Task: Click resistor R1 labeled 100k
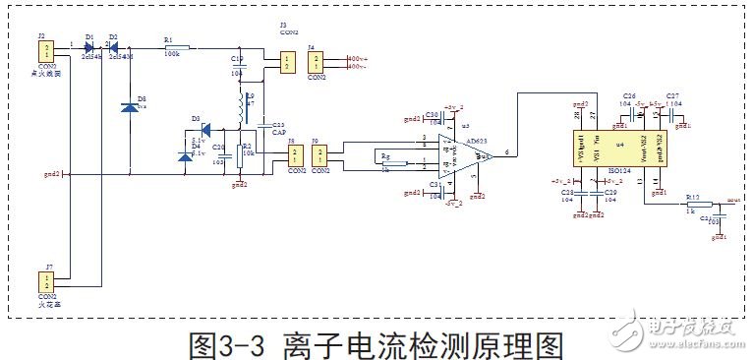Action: tap(178, 46)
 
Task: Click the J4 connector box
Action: tap(315, 62)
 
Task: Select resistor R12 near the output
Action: tap(693, 203)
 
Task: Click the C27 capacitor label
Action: tap(673, 96)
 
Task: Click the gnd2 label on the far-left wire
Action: tap(52, 175)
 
